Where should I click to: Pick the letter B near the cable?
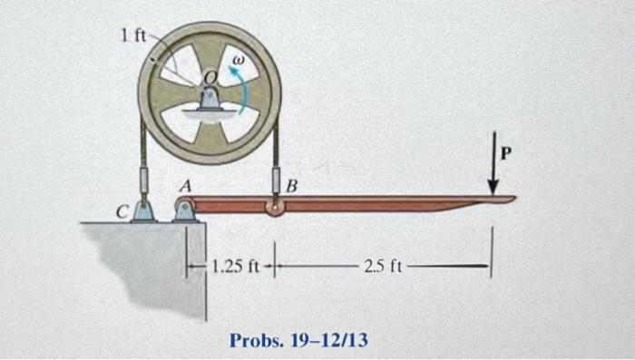(291, 188)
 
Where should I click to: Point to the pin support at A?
(183, 211)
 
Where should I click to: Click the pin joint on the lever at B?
(275, 209)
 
